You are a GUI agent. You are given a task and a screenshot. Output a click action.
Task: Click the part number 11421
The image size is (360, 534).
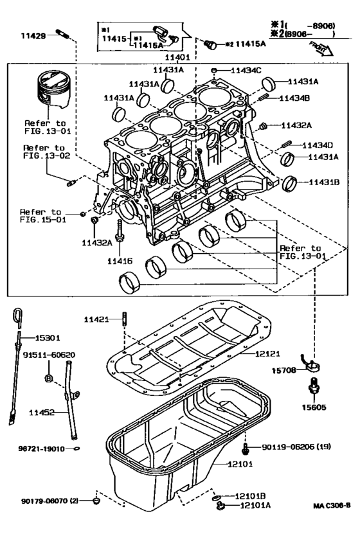[x=98, y=319]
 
